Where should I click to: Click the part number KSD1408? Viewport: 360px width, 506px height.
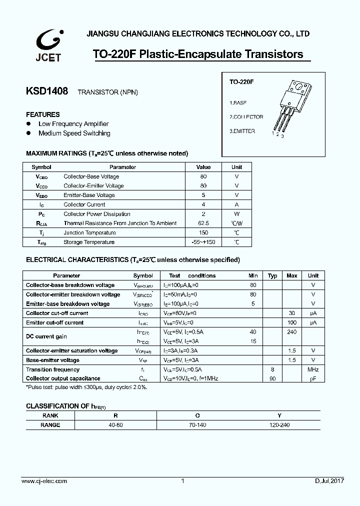point(46,91)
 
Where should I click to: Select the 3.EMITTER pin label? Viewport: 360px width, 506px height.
point(242,131)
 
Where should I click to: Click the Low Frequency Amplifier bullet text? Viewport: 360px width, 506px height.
point(73,124)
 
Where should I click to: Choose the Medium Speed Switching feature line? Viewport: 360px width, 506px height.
point(74,133)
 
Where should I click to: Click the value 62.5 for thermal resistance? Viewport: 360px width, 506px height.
point(203,223)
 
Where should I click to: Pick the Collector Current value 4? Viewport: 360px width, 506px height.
point(203,204)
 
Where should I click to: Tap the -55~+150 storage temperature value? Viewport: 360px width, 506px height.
point(203,242)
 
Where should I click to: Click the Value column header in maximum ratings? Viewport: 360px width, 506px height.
point(203,167)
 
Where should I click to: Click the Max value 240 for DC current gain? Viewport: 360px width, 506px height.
point(292,332)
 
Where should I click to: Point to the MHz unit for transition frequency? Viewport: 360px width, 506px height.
point(313,369)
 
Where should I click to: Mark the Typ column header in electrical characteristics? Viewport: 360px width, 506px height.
point(272,275)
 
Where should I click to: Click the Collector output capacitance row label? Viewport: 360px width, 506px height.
point(63,379)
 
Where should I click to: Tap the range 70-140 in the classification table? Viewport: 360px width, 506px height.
point(198,424)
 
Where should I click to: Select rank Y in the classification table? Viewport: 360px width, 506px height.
point(279,415)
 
